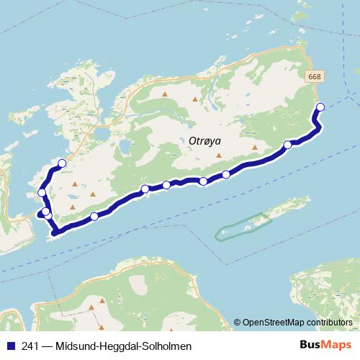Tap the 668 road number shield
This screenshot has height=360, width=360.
tap(314, 76)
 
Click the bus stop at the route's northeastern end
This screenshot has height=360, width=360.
tap(320, 108)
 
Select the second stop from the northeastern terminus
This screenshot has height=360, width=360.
tap(288, 145)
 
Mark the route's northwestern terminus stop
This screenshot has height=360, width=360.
tap(62, 163)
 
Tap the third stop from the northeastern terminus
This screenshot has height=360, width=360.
tap(226, 174)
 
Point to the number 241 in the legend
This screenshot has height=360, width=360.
tap(31, 346)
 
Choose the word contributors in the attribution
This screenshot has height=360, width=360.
tap(328, 322)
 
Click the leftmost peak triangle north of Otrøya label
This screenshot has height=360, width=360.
tap(165, 94)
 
